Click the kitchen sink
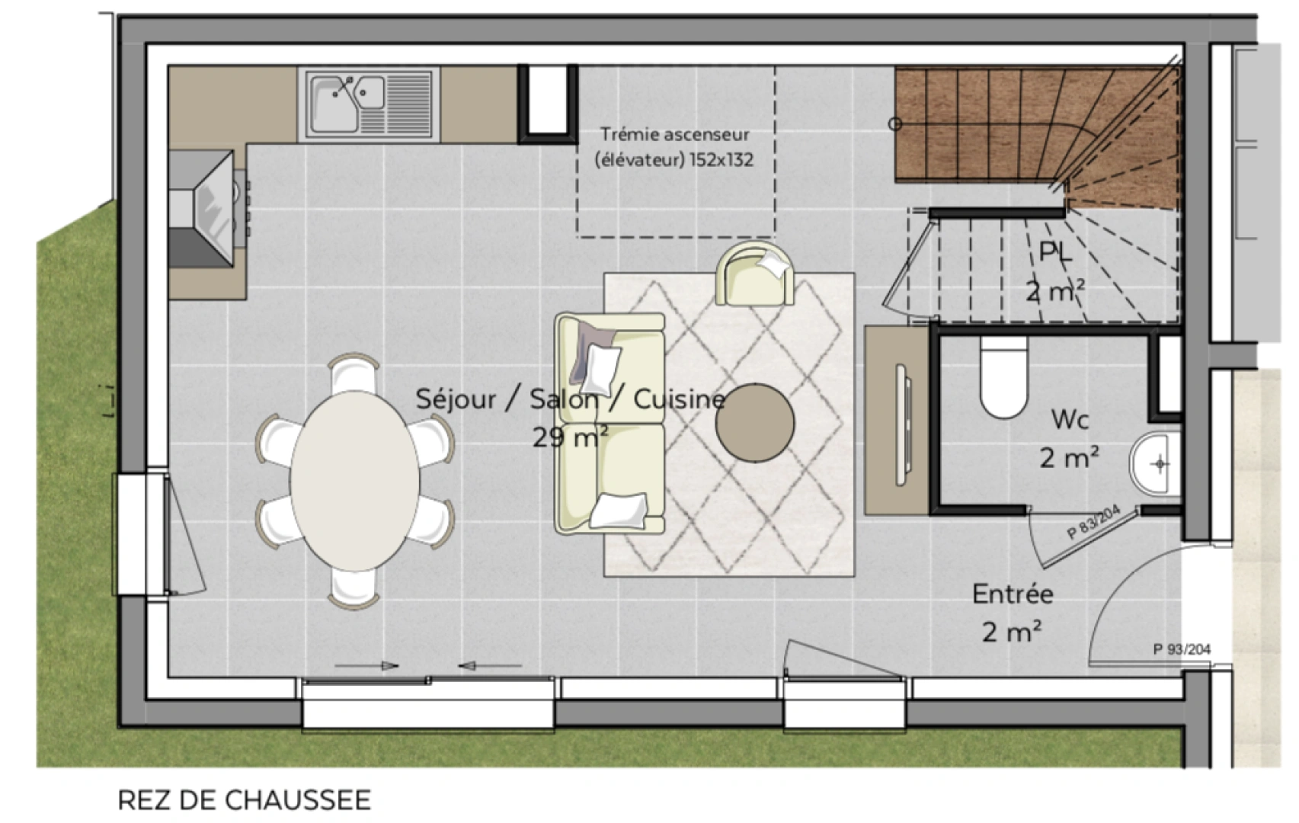click(370, 104)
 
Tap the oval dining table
click(354, 480)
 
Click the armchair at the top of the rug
click(755, 274)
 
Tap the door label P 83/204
click(1093, 524)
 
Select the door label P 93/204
click(1181, 649)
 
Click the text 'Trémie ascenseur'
click(674, 135)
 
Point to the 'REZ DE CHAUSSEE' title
click(244, 800)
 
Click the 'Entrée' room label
click(1013, 594)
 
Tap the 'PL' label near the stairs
click(1055, 251)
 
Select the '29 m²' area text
click(570, 437)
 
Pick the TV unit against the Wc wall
click(897, 421)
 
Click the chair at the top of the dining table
click(354, 373)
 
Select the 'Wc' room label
click(1070, 419)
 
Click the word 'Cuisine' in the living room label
click(678, 399)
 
